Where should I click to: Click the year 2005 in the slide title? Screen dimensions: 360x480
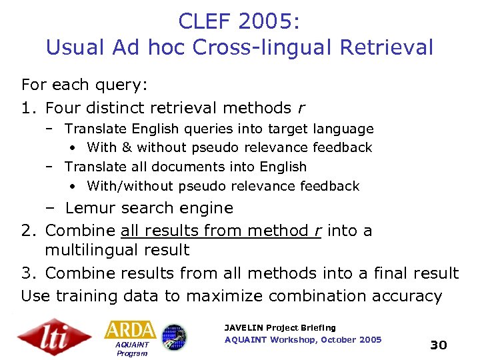266,21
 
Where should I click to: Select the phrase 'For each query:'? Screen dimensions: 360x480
85,85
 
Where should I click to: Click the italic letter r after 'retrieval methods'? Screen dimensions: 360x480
304,108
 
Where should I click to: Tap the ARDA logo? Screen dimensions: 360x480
130,330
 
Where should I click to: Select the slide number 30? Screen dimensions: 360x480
438,345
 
